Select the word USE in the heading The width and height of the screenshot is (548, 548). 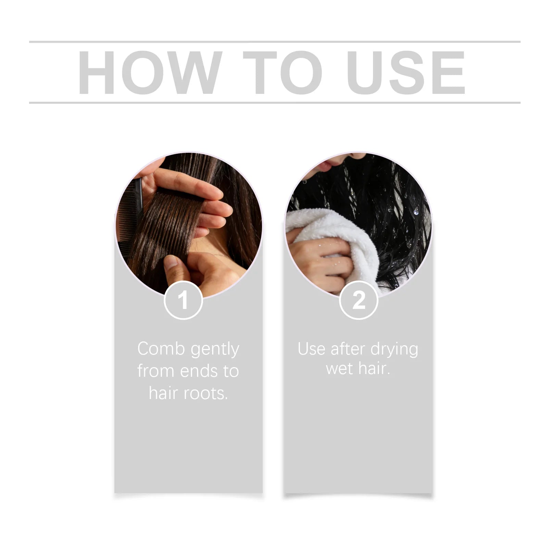tap(408, 72)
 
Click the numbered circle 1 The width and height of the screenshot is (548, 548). tap(183, 300)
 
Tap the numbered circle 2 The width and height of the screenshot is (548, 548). tap(359, 300)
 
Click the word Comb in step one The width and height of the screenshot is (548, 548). tap(161, 349)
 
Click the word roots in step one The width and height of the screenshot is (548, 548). tap(206, 394)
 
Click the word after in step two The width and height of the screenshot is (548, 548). tap(348, 349)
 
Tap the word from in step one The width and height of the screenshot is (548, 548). tap(155, 371)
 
